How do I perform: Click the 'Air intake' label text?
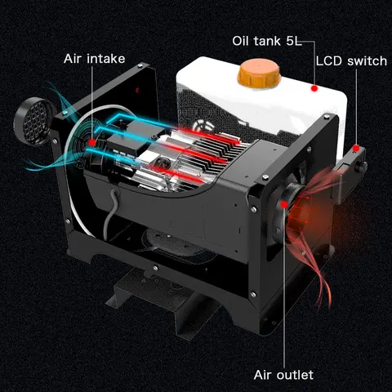[94, 59]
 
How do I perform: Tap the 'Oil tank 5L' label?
[267, 41]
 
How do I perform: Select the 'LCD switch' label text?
[351, 61]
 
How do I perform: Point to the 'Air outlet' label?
[283, 375]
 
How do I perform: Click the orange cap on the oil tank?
[258, 73]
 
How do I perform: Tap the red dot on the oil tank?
[314, 88]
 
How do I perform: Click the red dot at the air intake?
[92, 142]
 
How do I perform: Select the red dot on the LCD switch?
[356, 149]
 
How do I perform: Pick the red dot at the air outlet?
[284, 204]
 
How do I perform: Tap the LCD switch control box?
[350, 174]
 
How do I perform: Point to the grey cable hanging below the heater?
[111, 211]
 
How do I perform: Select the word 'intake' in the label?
[106, 59]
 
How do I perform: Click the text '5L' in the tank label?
[294, 41]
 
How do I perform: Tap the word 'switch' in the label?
[367, 61]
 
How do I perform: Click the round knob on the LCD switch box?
[363, 167]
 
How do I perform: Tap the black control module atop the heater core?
[130, 136]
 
